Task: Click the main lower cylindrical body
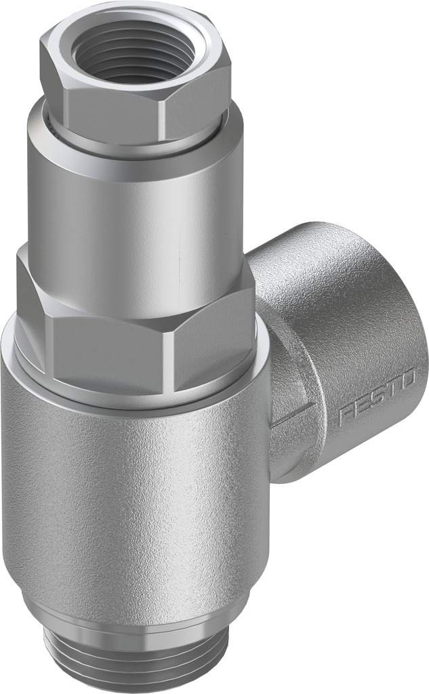pos(133,495)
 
